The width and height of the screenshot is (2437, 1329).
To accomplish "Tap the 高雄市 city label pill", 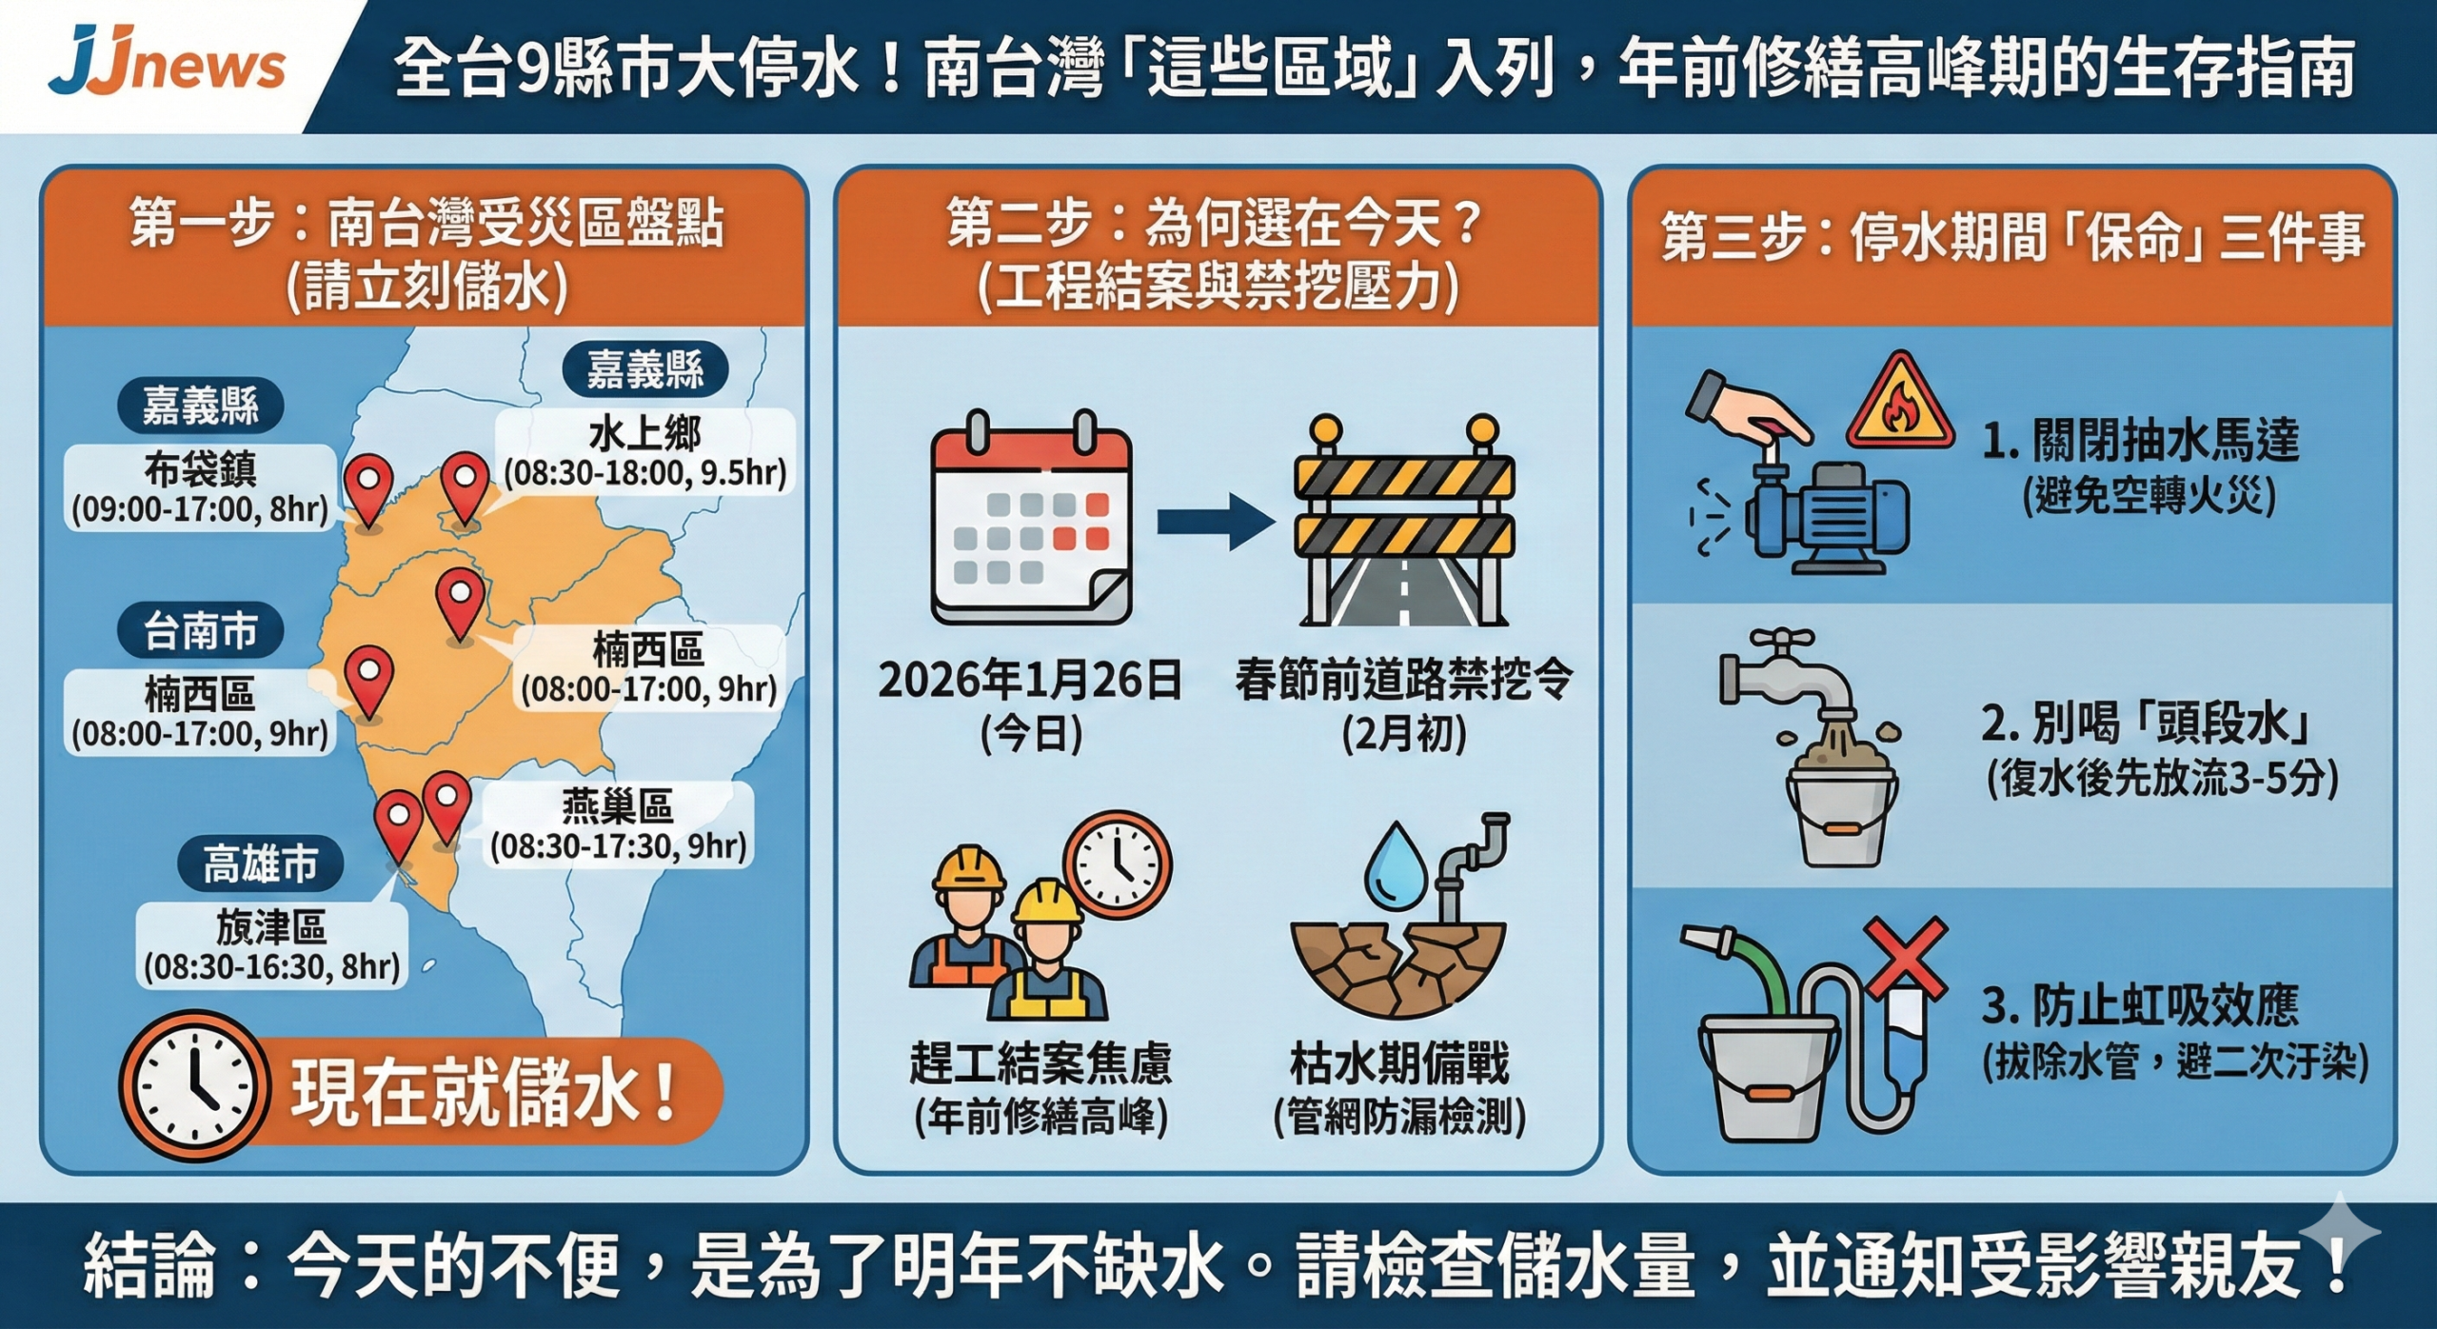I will [260, 864].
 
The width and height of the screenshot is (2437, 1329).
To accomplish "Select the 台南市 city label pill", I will [201, 630].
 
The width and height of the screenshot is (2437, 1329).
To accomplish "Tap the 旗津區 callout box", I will [272, 945].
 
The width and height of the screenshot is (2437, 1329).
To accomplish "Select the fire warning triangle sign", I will [1900, 404].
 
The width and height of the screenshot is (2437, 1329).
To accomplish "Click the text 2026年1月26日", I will [1030, 680].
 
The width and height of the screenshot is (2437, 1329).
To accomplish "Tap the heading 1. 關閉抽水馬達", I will [2141, 441].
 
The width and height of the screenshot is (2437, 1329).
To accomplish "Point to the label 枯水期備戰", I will [1399, 1063].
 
